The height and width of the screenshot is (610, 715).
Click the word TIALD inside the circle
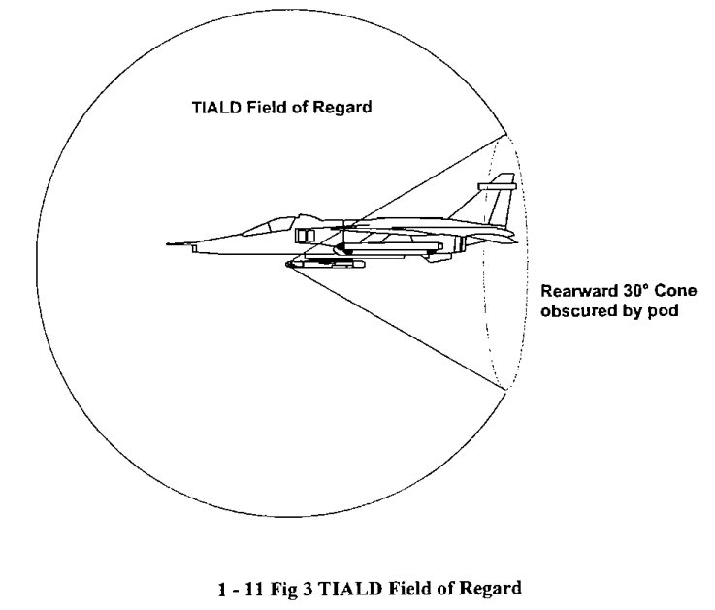click(x=216, y=108)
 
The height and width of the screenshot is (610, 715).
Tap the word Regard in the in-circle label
click(x=342, y=108)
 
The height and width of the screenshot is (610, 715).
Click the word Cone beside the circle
click(x=675, y=290)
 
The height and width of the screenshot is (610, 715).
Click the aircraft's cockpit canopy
click(x=269, y=225)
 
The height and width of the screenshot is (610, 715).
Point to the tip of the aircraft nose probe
click(x=167, y=244)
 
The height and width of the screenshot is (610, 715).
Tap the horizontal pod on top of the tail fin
click(x=497, y=186)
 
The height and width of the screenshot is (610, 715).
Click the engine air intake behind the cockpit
click(x=305, y=236)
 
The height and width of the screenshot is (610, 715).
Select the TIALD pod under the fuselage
click(x=325, y=264)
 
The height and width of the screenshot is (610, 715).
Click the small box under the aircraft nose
click(x=195, y=248)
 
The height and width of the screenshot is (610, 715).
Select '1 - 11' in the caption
click(x=241, y=589)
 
